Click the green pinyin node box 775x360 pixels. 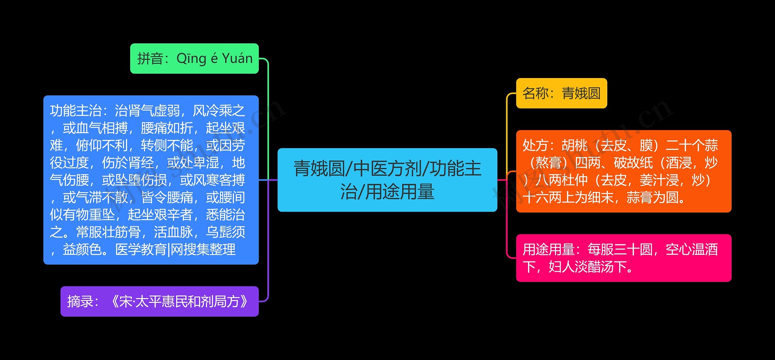pyautogui.click(x=194, y=58)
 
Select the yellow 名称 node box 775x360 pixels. pyautogui.click(x=561, y=93)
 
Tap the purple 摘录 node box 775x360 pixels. pyautogui.click(x=160, y=302)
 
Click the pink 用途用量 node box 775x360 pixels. pyautogui.click(x=624, y=258)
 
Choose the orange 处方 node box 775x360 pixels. pyautogui.click(x=624, y=171)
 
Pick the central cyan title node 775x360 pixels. pyautogui.click(x=387, y=180)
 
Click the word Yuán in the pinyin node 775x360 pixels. pyautogui.click(x=237, y=58)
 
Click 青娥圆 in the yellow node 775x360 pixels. pyautogui.click(x=581, y=93)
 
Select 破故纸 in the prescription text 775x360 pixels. pyautogui.click(x=633, y=163)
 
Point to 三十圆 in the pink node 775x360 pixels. pyautogui.click(x=633, y=250)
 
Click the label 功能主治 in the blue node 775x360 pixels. pyautogui.click(x=76, y=111)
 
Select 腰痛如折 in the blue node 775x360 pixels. pyautogui.click(x=167, y=128)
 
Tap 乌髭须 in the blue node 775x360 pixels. pyautogui.click(x=226, y=232)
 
